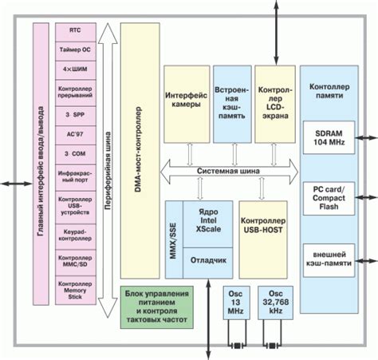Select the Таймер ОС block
click(x=74, y=49)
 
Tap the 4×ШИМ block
click(x=74, y=69)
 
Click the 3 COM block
click(x=74, y=152)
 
